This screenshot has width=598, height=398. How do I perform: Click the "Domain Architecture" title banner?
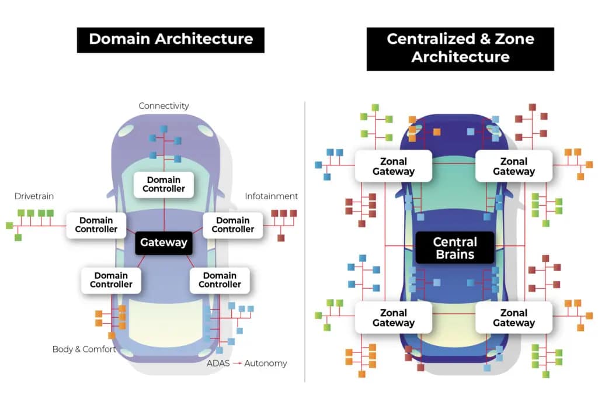point(171,39)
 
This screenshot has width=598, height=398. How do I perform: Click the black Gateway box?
point(164,242)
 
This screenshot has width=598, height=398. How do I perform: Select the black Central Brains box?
point(454,248)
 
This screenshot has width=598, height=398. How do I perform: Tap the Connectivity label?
point(164,106)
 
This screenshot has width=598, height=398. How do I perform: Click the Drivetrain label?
point(34,196)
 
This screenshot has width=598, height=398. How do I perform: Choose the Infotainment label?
point(271,196)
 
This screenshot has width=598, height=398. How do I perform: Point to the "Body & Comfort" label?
point(84,349)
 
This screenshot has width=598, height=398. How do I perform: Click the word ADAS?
point(218,364)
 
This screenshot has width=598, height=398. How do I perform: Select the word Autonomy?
point(266,364)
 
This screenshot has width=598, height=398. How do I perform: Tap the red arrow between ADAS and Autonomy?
point(238,364)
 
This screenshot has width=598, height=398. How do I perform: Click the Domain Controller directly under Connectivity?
point(164,184)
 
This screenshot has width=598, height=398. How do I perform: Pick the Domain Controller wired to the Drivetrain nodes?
point(96,224)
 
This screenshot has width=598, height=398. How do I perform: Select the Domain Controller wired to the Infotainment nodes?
point(233,224)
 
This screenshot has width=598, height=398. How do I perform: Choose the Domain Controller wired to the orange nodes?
point(110,280)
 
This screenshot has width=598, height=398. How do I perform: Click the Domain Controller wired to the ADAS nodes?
point(220,280)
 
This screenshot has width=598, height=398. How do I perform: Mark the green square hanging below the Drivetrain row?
point(18,237)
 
